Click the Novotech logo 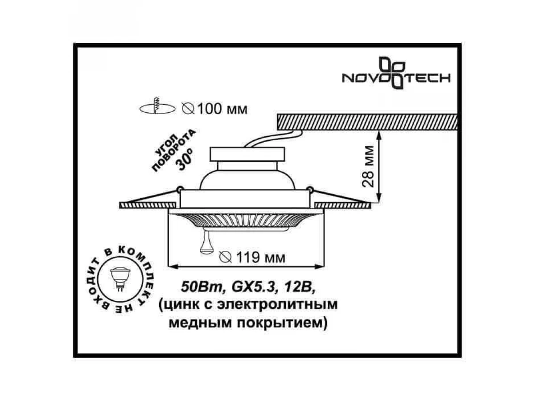tap(396, 73)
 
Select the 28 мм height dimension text tap(368, 167)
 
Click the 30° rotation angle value tap(185, 159)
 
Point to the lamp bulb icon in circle tap(120, 278)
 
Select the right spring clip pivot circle tap(310, 188)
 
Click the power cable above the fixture tap(273, 139)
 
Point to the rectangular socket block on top tap(247, 154)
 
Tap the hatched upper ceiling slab tap(367, 122)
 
